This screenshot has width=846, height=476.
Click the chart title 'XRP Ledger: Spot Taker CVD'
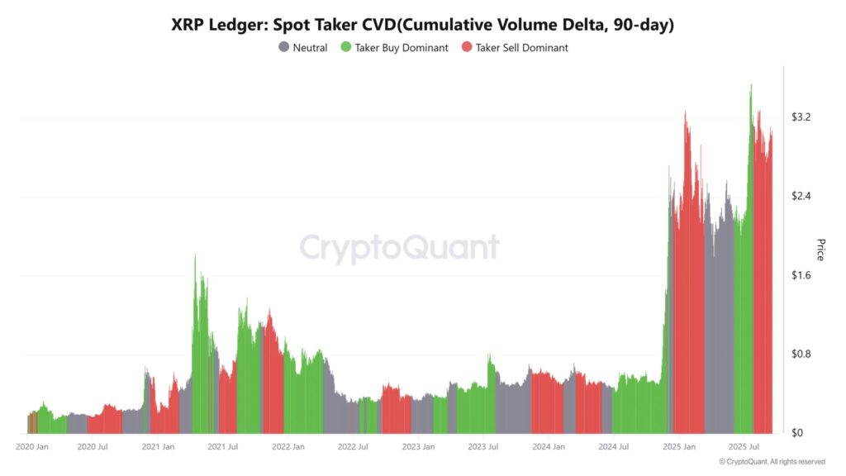point(422,25)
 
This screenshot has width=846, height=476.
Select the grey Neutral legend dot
point(284,48)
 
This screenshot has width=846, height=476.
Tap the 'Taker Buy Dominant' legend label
point(402,48)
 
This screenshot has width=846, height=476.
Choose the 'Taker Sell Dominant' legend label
point(521,48)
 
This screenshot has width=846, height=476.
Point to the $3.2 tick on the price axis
point(801,117)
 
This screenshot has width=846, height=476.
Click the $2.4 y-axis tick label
point(801,196)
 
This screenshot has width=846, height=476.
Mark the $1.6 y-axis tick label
point(801,275)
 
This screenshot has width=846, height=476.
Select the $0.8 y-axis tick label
point(801,354)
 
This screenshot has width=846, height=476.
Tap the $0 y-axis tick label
point(796,433)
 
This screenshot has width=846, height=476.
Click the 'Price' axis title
point(820,250)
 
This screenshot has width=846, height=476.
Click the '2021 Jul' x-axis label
point(223,447)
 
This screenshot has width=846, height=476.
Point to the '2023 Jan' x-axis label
point(417,447)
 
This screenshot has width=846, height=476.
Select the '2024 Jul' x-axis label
point(613,447)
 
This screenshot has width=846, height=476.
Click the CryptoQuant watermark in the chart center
point(399,248)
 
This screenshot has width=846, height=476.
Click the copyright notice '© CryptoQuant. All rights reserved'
point(772,462)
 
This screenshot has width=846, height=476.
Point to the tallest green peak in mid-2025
point(750,85)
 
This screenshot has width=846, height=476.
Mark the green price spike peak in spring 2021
point(195,255)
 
